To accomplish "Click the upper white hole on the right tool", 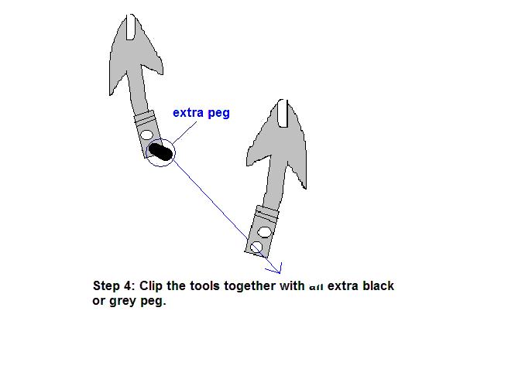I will click(265, 231).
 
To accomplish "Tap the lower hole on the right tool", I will click(257, 247).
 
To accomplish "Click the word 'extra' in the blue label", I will click(188, 113).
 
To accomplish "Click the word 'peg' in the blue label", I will click(219, 113).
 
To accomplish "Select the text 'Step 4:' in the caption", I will click(113, 286).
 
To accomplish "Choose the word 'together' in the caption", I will click(252, 286).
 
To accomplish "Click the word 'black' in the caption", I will click(378, 286).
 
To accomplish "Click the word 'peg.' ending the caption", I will click(154, 301).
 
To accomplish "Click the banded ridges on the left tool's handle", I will click(145, 118).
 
